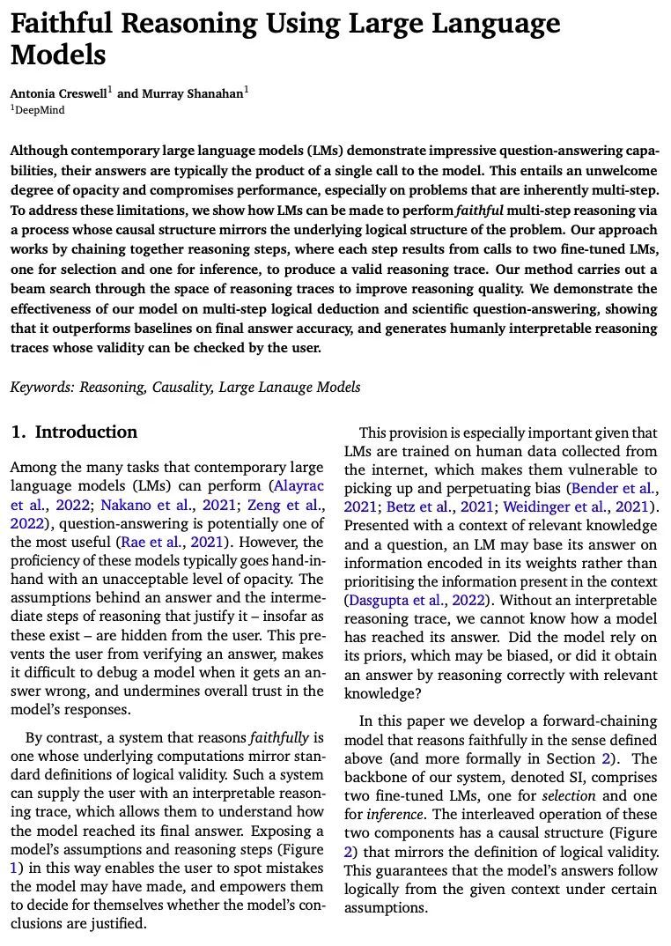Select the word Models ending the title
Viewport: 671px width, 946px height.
click(58, 55)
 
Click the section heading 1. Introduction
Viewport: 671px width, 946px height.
click(74, 432)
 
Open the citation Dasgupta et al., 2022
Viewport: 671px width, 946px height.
click(412, 601)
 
